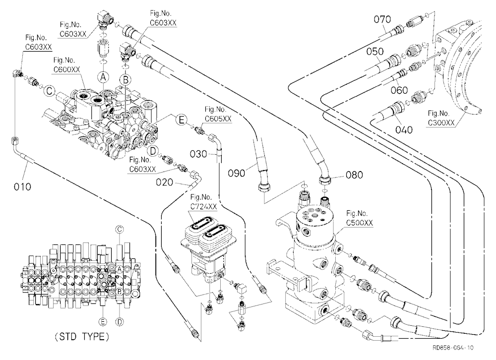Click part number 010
[x=22, y=186]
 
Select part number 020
[x=165, y=182]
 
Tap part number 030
[x=198, y=154]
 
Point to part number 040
[x=404, y=130]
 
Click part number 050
[x=375, y=51]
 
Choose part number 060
[x=399, y=90]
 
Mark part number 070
[x=382, y=19]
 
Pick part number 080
[x=354, y=175]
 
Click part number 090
[x=237, y=173]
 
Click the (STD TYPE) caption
[x=82, y=337]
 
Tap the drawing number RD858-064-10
[x=453, y=348]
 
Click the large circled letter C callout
[x=49, y=91]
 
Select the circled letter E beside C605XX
[x=181, y=120]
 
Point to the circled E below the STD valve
[x=103, y=322]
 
